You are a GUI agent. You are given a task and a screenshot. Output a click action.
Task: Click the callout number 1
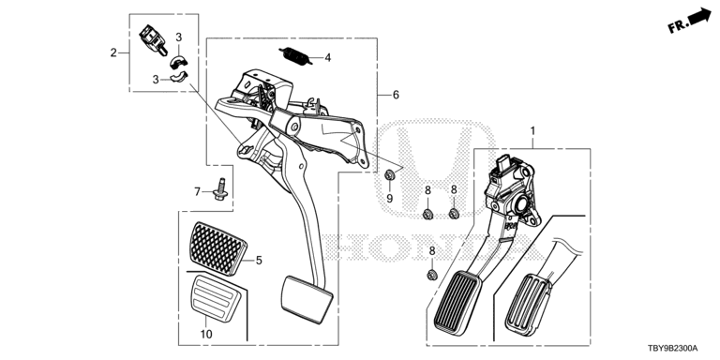tap(532, 131)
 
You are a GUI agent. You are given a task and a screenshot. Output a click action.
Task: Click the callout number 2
tap(113, 52)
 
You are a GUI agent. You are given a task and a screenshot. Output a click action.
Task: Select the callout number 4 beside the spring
tap(327, 58)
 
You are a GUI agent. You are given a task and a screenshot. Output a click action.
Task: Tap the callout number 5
tap(259, 261)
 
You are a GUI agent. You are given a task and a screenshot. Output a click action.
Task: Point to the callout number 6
tap(396, 95)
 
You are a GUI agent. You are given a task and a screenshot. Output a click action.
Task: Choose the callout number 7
tap(198, 191)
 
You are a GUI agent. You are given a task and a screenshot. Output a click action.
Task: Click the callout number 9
tap(390, 199)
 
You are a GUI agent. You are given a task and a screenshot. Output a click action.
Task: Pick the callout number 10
tap(206, 334)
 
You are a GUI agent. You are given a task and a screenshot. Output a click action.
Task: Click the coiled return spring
tap(293, 56)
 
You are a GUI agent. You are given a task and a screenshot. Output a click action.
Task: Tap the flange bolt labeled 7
tap(221, 189)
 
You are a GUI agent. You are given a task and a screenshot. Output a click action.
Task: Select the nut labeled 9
tap(390, 174)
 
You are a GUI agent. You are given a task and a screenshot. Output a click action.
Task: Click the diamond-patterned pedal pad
tap(217, 247)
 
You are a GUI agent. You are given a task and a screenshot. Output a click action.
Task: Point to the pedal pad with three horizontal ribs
tap(209, 296)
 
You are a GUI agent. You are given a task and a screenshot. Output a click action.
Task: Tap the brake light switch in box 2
tap(153, 39)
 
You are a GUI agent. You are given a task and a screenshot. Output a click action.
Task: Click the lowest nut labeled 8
tap(431, 275)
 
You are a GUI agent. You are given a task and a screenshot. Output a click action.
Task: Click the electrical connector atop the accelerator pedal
tap(503, 163)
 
